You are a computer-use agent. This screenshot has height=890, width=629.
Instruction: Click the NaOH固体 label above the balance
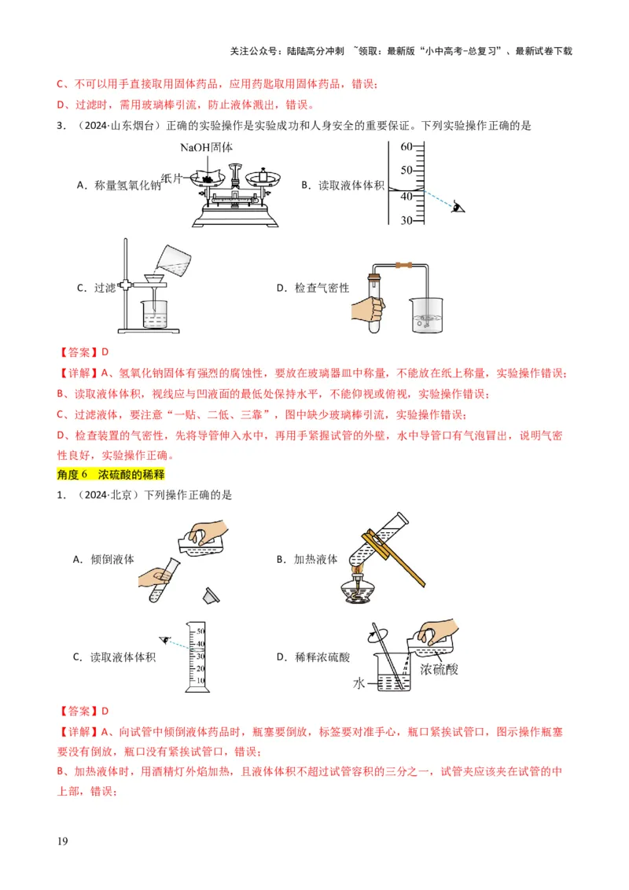pyautogui.click(x=208, y=147)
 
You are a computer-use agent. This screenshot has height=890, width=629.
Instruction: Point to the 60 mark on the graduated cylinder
pyautogui.click(x=406, y=147)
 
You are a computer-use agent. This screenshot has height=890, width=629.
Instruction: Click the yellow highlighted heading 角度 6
pyautogui.click(x=110, y=474)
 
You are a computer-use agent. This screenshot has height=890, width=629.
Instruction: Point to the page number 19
pyautogui.click(x=63, y=842)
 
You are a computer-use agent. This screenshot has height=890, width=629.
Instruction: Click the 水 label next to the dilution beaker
pyautogui.click(x=359, y=684)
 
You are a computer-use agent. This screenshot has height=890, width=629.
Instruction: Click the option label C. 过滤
pyautogui.click(x=96, y=288)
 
